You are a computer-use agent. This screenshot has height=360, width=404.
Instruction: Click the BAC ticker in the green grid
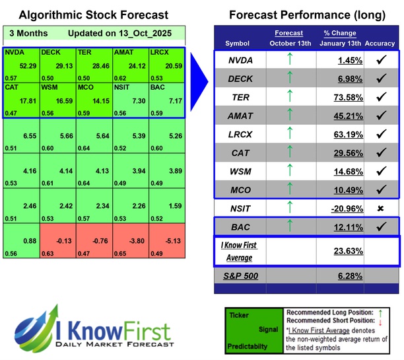pos(158,86)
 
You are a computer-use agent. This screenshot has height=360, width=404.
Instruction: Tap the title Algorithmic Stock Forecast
pos(92,15)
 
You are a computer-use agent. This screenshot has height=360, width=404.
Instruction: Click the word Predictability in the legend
pos(248,345)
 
